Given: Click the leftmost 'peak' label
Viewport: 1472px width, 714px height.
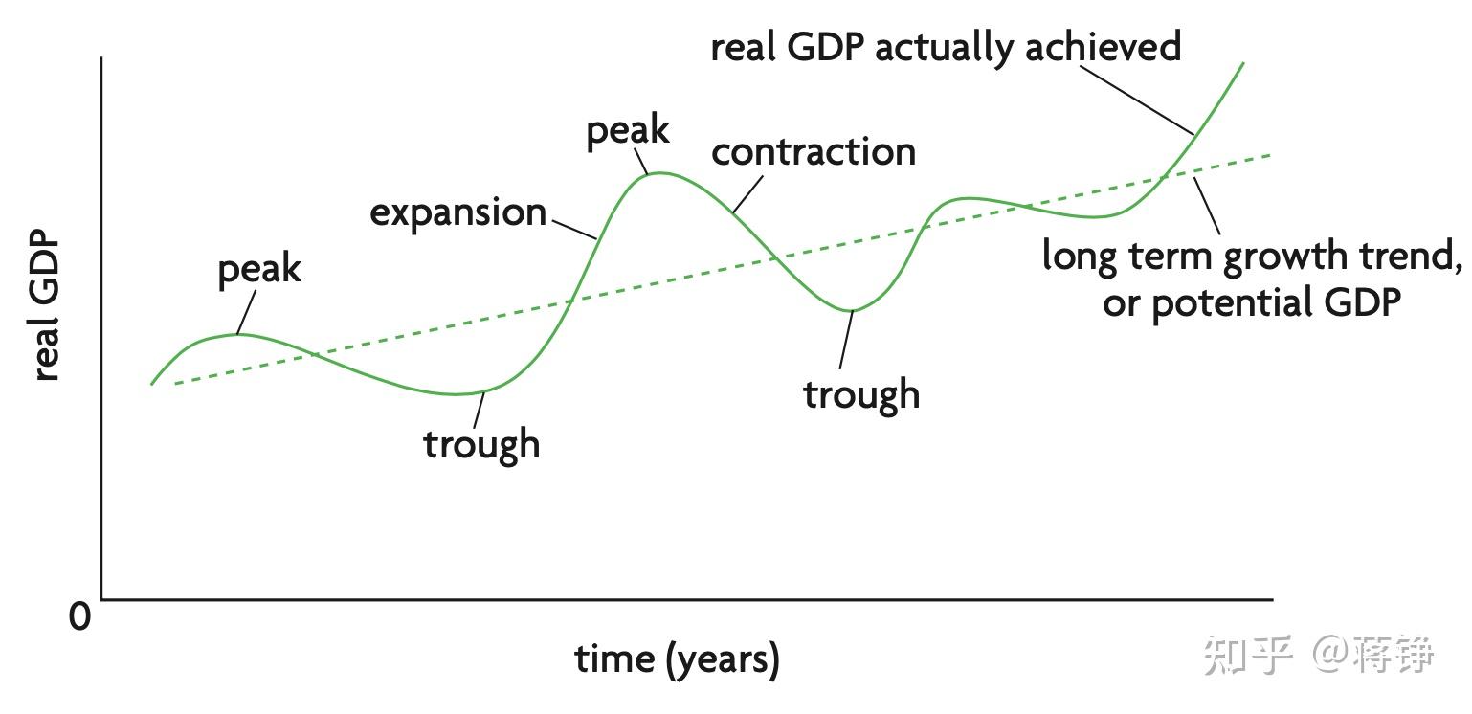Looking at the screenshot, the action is [259, 269].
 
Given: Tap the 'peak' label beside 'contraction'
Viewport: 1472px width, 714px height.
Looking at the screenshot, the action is [628, 131].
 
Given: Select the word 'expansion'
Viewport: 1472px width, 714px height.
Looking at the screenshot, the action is [458, 213].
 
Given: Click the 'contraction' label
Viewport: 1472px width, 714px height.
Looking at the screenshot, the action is [814, 152].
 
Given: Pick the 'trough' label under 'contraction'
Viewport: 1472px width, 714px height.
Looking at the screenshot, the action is [861, 394].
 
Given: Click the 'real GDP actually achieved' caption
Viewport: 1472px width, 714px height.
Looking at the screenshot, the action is [947, 47].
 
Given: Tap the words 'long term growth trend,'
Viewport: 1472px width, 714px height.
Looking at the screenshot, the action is [1252, 256].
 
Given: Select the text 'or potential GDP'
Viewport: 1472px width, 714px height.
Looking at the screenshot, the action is [1252, 303].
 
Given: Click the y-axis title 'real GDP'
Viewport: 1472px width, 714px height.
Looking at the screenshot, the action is [46, 304].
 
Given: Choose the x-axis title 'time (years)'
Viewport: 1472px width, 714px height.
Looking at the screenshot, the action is [677, 658].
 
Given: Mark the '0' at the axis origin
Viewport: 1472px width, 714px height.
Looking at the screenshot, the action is [79, 616].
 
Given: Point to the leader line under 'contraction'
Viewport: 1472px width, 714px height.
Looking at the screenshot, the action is [747, 194].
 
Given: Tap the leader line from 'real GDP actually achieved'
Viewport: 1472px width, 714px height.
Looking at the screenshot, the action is [1138, 100].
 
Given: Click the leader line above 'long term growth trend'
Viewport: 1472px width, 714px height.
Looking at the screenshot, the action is [1207, 206].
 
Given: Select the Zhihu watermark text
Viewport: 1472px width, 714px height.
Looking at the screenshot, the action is [1319, 655].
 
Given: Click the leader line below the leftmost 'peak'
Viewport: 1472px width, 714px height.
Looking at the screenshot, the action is [246, 313].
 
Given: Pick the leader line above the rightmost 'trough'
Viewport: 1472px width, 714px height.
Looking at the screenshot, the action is [846, 339].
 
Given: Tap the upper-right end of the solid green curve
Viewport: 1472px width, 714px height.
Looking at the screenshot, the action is [1243, 63].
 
